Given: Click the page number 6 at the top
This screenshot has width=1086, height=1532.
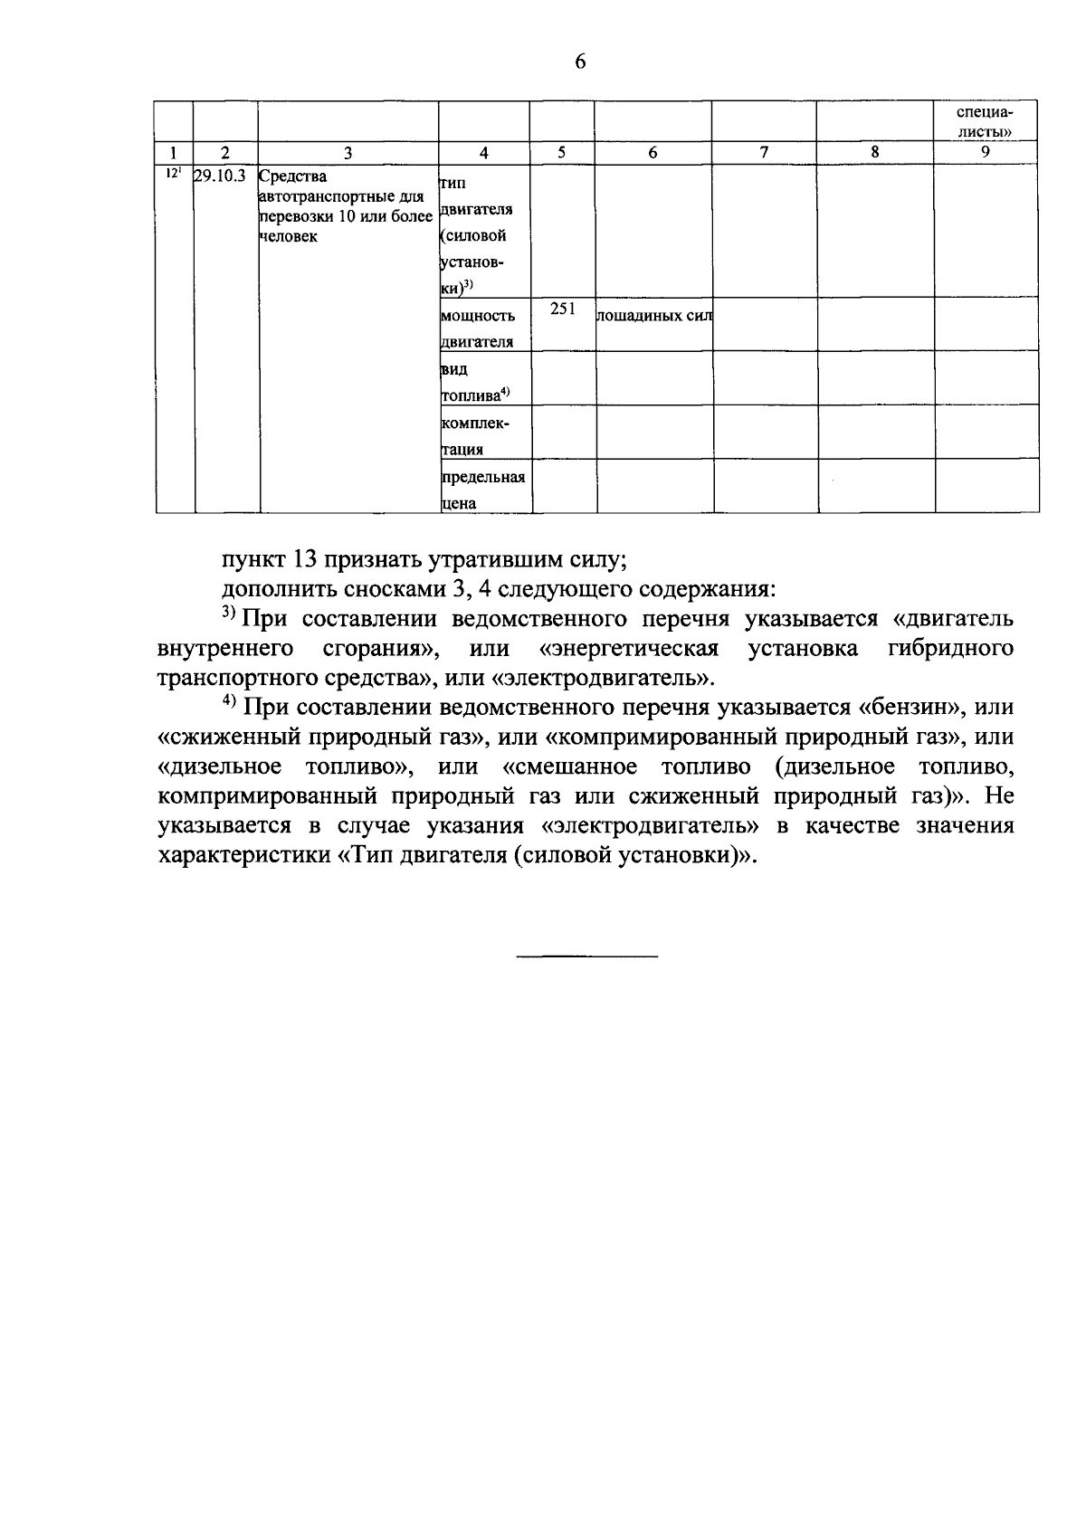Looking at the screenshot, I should click(580, 62).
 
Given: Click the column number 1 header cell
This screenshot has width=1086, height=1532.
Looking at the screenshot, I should click(173, 153).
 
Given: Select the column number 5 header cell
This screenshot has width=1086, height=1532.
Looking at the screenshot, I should click(561, 153).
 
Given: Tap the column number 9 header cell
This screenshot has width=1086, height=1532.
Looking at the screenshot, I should click(985, 153).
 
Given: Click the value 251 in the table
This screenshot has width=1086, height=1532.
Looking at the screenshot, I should click(561, 309).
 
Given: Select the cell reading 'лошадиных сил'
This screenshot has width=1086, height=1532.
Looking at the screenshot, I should click(653, 316).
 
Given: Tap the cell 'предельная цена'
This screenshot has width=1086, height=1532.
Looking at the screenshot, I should click(483, 490).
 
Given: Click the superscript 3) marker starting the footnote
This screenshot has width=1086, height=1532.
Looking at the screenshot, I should click(229, 615).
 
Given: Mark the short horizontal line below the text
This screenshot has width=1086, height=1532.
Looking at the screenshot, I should click(587, 956).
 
